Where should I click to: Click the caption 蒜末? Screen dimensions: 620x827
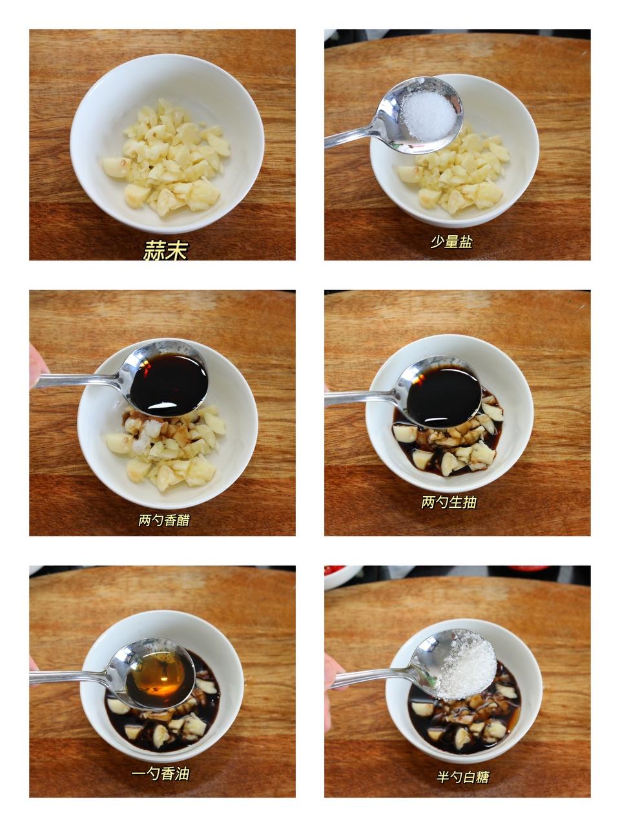pyautogui.click(x=165, y=250)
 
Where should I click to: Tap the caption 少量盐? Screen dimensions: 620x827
pyautogui.click(x=451, y=242)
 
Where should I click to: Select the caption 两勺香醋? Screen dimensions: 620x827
pyautogui.click(x=164, y=520)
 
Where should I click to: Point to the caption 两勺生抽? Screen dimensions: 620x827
pyautogui.click(x=449, y=502)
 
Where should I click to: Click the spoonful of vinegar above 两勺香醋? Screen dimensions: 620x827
pyautogui.click(x=169, y=382)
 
